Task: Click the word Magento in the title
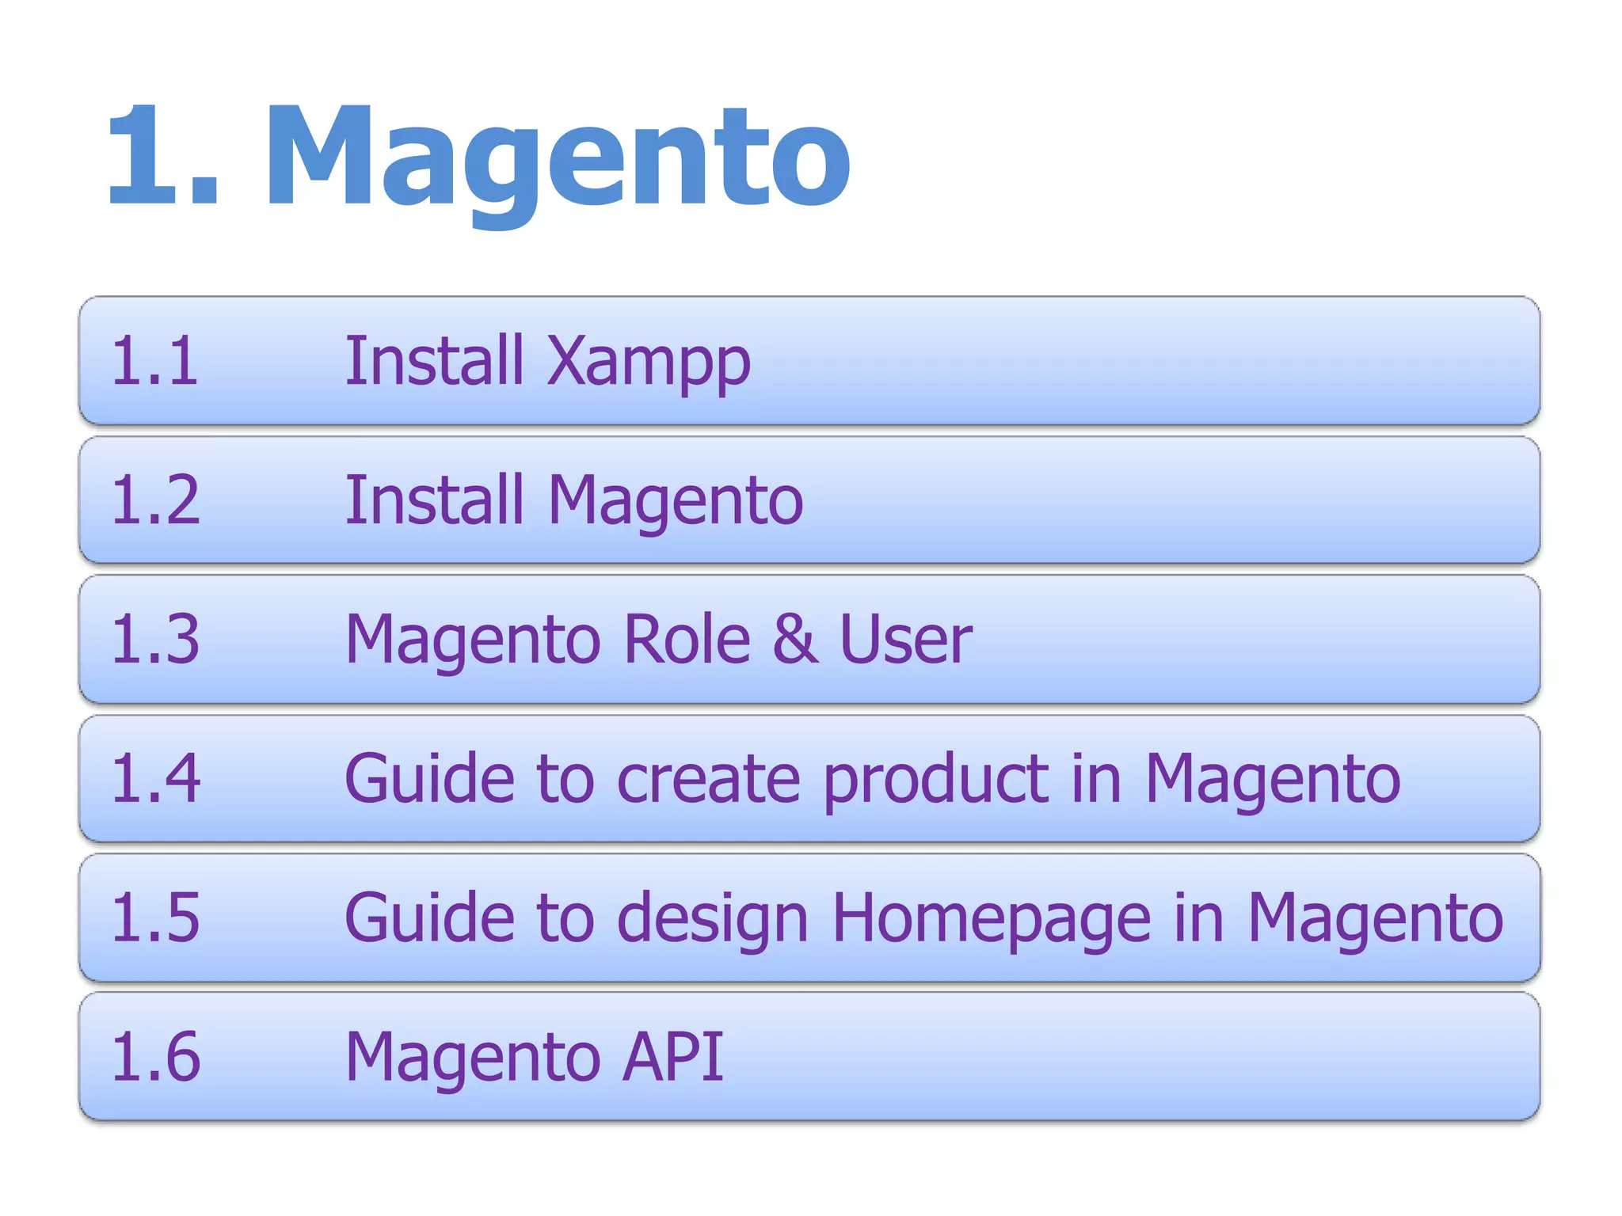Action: click(558, 158)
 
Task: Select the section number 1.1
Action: click(154, 361)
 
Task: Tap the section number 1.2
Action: click(155, 500)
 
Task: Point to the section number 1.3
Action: click(155, 639)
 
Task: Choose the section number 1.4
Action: click(155, 778)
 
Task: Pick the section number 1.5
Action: click(155, 918)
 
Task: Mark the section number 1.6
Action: click(155, 1056)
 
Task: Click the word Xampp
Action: click(649, 364)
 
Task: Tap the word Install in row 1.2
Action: click(435, 500)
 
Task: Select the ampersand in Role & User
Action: click(794, 639)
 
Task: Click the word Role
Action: click(687, 639)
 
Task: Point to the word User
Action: click(905, 639)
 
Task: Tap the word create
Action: click(709, 780)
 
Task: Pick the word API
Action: click(673, 1056)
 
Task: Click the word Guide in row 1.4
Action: click(430, 778)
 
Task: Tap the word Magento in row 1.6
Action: click(473, 1059)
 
